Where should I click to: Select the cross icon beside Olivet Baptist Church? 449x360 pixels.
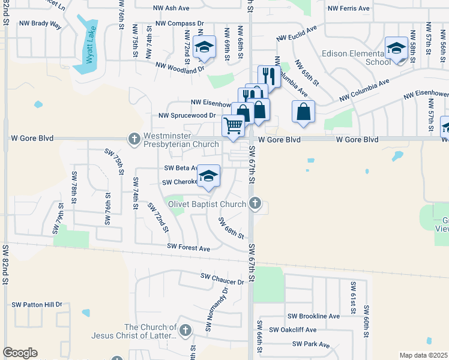[255, 203]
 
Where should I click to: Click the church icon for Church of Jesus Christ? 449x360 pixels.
[185, 330]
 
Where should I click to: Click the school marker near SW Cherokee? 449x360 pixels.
[208, 176]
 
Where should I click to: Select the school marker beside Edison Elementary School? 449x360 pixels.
[397, 48]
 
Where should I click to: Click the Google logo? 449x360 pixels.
[20, 353]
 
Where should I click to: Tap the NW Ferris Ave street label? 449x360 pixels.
[349, 8]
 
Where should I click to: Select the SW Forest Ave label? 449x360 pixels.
[188, 247]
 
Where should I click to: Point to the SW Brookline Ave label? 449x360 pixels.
[313, 316]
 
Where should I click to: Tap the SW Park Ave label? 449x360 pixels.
[311, 344]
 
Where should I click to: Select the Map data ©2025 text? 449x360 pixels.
[423, 355]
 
